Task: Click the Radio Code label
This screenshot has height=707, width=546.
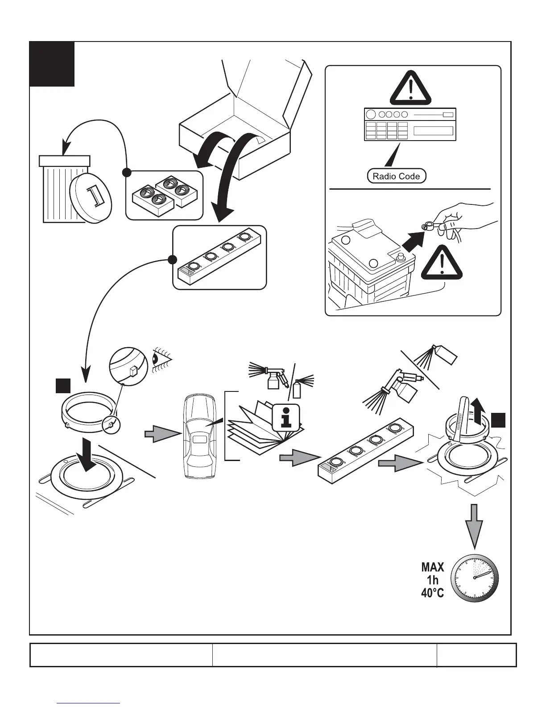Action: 397,176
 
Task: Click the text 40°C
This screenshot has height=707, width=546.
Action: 433,594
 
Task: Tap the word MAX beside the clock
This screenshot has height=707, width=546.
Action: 433,567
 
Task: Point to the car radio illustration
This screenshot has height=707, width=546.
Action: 410,125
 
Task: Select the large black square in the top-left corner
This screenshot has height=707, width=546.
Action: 52,64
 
